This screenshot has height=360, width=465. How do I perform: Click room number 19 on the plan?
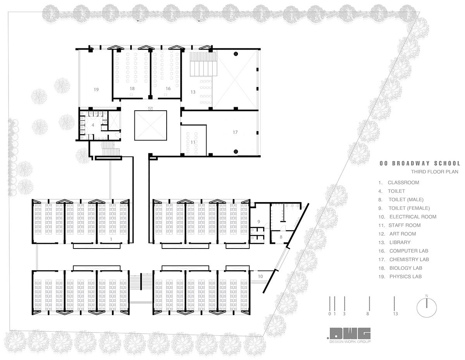(96, 89)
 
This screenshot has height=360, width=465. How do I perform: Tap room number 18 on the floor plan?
(132, 89)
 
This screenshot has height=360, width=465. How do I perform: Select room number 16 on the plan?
(168, 89)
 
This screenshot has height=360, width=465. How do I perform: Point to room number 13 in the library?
(193, 92)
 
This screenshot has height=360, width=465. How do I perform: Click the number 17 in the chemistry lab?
(235, 132)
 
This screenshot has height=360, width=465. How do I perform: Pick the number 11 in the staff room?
(193, 142)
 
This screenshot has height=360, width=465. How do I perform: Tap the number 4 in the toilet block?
(93, 125)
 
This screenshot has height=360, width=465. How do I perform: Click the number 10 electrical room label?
(260, 276)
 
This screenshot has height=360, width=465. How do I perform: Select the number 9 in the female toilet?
(259, 222)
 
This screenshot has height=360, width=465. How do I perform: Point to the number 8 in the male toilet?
(281, 237)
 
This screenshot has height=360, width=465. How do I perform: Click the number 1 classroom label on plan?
(111, 240)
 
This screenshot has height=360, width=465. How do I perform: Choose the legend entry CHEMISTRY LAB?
(409, 259)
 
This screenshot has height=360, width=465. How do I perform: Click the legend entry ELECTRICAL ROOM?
(413, 217)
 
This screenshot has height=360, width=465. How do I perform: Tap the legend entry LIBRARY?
(400, 242)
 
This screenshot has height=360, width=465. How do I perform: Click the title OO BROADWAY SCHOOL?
(420, 163)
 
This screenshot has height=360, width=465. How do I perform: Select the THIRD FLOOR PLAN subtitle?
(435, 171)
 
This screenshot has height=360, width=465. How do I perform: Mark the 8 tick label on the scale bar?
(368, 314)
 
